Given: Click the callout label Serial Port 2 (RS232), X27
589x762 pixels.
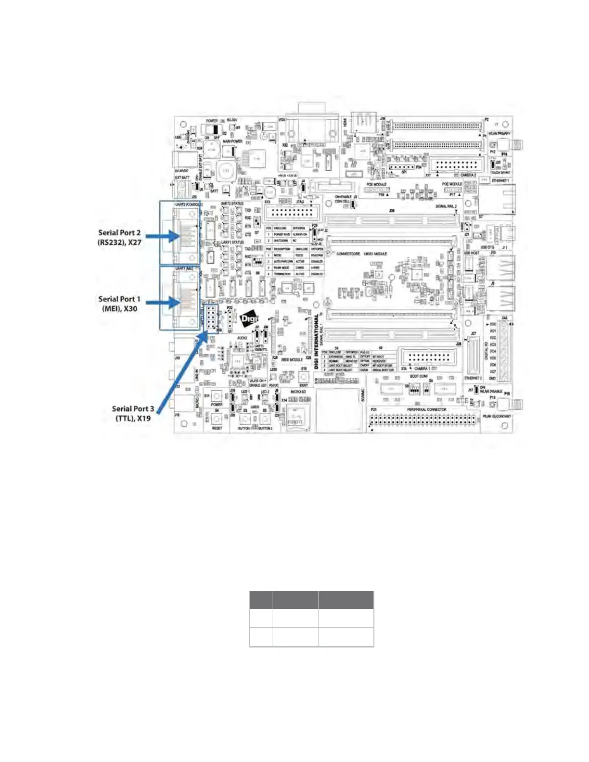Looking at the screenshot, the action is click(119, 237).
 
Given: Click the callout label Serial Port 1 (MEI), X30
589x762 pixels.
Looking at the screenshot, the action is click(119, 304).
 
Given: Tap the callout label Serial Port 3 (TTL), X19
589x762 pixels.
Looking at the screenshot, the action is click(133, 413).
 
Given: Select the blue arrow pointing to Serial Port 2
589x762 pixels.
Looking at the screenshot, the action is click(163, 236).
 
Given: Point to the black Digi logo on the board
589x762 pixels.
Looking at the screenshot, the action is click(249, 318).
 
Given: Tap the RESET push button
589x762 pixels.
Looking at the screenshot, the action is click(217, 419).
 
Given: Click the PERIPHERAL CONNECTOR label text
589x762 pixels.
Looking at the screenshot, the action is click(426, 409).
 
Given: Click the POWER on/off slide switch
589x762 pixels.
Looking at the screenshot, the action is click(212, 129).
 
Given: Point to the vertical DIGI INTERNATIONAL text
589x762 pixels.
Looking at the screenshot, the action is click(316, 342).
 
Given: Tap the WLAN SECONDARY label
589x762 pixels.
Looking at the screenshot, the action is click(497, 416).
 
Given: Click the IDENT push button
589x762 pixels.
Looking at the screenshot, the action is click(303, 377).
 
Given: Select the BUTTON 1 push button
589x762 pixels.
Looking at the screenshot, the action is click(244, 419).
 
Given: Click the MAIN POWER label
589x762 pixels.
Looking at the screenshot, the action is click(232, 141).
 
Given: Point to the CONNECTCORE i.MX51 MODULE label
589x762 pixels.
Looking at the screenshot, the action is click(361, 254).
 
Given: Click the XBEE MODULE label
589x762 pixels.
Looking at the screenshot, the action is click(292, 359).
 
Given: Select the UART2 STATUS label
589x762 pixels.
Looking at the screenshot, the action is click(232, 204).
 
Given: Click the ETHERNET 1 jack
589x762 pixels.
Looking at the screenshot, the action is click(497, 197).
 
